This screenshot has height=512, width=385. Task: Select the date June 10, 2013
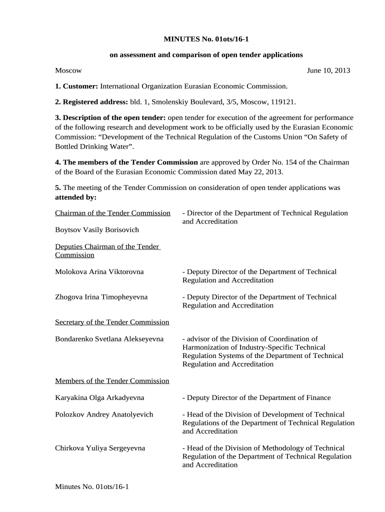(328, 70)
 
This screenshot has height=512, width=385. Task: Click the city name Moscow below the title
(68, 70)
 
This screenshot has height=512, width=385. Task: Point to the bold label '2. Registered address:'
(91, 102)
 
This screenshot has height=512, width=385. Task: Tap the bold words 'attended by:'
(75, 197)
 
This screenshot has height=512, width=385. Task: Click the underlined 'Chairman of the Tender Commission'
(112, 213)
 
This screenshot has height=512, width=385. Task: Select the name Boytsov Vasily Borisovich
(97, 229)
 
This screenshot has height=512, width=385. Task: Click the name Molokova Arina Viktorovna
(99, 271)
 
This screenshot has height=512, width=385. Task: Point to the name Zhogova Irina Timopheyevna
(101, 297)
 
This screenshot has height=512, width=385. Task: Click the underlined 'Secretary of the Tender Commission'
(112, 322)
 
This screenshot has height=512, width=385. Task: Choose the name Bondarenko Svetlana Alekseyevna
(109, 339)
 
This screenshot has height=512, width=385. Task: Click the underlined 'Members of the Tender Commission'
(112, 381)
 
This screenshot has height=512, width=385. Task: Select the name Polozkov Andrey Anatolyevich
(104, 414)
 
